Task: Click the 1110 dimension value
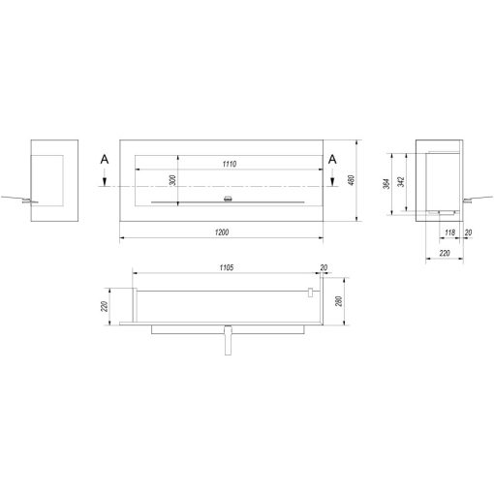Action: coord(230,164)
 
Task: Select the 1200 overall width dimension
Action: coord(222,232)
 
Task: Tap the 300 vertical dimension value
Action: coord(172,180)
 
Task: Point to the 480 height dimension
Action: coord(352,180)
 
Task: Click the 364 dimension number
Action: coord(387,183)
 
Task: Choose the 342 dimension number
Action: coord(401,182)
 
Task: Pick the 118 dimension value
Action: coord(449,232)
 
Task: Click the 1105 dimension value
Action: coord(227,267)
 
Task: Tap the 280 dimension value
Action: coord(339,301)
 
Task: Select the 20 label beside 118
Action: coord(468,232)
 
